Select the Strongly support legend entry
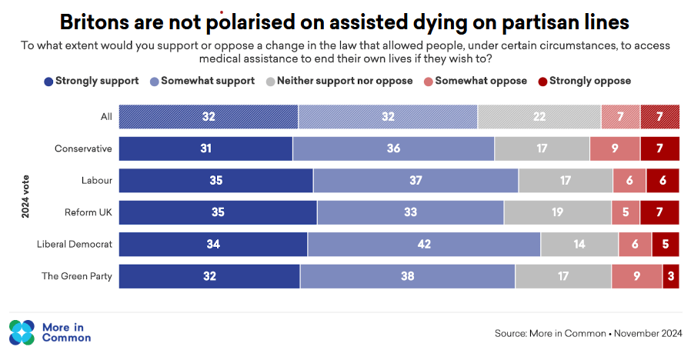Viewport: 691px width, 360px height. [92, 81]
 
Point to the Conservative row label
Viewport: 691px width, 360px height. [83, 148]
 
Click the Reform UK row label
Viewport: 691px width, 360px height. [88, 212]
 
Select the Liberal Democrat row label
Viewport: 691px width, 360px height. [75, 245]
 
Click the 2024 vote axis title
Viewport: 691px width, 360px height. [26, 197]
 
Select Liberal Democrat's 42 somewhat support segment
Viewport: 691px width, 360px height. [424, 245]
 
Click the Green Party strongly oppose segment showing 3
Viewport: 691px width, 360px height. [671, 276]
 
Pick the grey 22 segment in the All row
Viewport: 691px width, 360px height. [539, 117]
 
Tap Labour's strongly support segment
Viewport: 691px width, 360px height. [216, 181]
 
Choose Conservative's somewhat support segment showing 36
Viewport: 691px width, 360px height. [393, 148]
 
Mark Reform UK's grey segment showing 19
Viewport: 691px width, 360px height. [557, 212]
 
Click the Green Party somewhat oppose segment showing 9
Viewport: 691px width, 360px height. [636, 276]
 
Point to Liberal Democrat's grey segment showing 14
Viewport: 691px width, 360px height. [579, 245]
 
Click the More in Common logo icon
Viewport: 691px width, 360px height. [22, 332]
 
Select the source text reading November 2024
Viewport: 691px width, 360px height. [588, 334]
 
